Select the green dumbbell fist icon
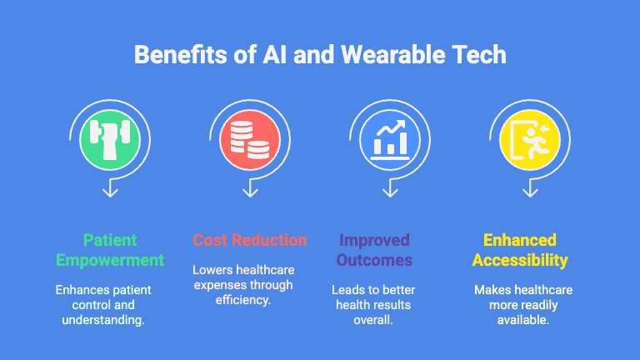click(110, 137)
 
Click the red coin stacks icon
click(250, 137)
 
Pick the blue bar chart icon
click(390, 137)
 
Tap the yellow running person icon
click(529, 137)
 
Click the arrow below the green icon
click(110, 190)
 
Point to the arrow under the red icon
click(250, 190)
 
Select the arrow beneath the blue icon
click(390, 190)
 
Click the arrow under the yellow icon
click(529, 190)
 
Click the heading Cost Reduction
click(250, 241)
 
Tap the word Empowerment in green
click(110, 260)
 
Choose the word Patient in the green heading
click(110, 241)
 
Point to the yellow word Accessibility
click(520, 260)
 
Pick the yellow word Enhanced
click(520, 241)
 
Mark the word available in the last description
click(523, 320)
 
